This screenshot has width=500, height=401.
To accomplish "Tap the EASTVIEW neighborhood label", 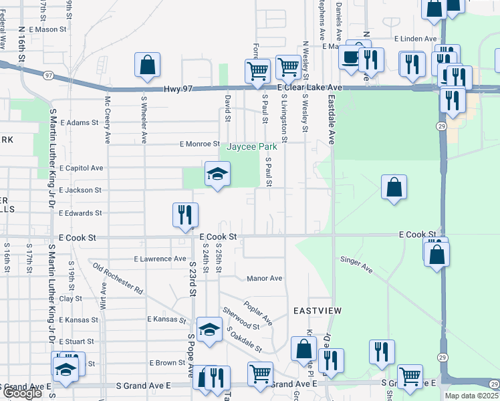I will click(x=318, y=311).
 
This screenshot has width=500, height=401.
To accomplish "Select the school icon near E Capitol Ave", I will click(x=217, y=176).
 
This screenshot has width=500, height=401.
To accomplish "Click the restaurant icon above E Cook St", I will click(x=184, y=216).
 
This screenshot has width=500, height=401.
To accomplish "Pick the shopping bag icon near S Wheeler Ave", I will click(x=147, y=66).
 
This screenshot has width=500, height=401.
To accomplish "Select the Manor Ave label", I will click(x=265, y=278).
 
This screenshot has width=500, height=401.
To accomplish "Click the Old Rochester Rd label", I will click(x=118, y=280).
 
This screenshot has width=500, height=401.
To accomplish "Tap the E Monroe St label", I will click(x=199, y=144).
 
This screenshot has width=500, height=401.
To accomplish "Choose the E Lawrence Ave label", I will click(x=160, y=259).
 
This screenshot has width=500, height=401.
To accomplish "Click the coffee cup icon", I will click(x=350, y=59).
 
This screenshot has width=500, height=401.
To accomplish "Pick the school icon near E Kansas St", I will click(x=209, y=330).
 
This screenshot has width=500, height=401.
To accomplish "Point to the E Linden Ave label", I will click(x=415, y=39).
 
